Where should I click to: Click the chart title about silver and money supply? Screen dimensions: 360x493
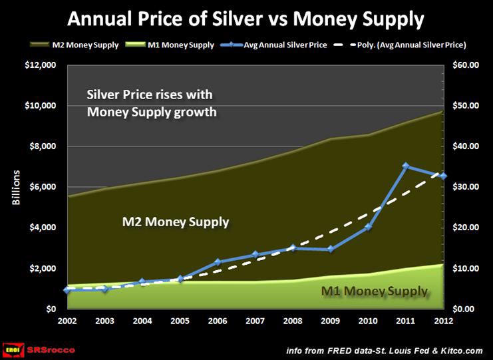coord(246,18)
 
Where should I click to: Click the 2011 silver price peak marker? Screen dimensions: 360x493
coord(405,166)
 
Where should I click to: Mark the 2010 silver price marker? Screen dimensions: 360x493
coord(368,228)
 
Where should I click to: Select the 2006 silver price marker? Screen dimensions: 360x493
coord(218,262)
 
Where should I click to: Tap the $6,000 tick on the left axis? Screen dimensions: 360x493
coord(41,187)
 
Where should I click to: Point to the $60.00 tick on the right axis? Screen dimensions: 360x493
coord(466,65)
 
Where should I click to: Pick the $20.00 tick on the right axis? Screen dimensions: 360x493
coord(466,228)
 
